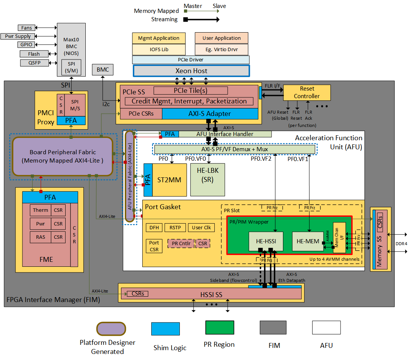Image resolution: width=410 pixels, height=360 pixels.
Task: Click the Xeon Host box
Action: (x=191, y=71)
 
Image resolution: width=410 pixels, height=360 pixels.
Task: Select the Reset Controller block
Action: (x=307, y=92)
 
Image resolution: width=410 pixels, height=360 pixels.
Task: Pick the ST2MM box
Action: (x=170, y=180)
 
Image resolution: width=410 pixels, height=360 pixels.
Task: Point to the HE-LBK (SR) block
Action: (x=207, y=180)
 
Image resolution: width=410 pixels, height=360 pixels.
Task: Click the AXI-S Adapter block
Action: (x=209, y=114)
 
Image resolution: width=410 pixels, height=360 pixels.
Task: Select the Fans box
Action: (x=27, y=28)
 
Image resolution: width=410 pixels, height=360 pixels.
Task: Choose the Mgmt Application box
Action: (x=159, y=38)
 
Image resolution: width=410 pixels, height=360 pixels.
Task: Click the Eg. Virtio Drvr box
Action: (x=221, y=49)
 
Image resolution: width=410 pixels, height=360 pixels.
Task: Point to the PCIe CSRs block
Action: (x=141, y=114)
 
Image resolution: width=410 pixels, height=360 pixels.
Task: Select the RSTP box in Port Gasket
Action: (x=175, y=227)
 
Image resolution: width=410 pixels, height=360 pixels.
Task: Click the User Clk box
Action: (x=201, y=227)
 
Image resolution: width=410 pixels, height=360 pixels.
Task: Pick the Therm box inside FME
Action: (x=40, y=210)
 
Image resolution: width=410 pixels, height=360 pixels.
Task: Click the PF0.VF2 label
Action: (x=261, y=159)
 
